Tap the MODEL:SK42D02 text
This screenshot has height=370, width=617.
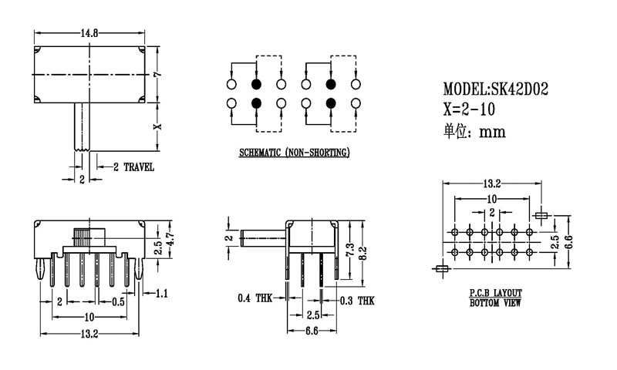[x=495, y=89]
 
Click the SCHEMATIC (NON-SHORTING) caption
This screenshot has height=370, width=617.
[x=294, y=153]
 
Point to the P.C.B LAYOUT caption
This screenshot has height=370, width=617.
[x=495, y=294]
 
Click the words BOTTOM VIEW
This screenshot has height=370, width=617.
[x=495, y=303]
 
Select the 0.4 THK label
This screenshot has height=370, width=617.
[x=255, y=298]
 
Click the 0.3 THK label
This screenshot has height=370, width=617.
[x=357, y=298]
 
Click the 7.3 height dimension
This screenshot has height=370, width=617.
[x=349, y=248]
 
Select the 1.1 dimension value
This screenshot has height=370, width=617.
[x=162, y=293]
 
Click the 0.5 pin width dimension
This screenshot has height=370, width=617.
[x=118, y=301]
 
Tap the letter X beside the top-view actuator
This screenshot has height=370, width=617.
[x=157, y=126]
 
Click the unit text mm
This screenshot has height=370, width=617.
[x=491, y=132]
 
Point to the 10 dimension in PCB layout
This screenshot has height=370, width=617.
[x=491, y=199]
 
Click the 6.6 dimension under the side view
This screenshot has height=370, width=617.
[x=312, y=331]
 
